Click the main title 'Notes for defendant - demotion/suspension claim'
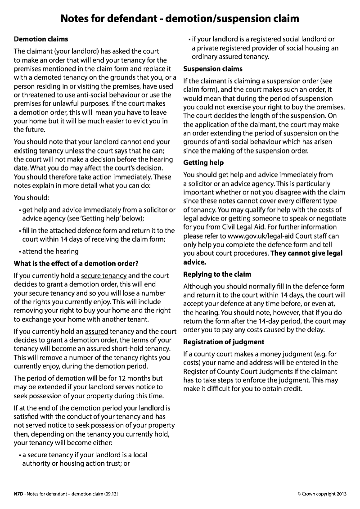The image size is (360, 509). (x=180, y=18)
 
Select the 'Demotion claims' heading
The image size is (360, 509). (x=41, y=39)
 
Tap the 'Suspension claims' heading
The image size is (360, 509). (x=213, y=69)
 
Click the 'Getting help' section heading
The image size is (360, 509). (x=203, y=162)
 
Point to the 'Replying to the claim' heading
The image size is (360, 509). (x=217, y=274)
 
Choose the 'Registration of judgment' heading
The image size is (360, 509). (x=224, y=342)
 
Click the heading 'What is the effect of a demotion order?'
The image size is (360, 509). (x=76, y=263)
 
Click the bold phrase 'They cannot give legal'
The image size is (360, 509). (x=306, y=253)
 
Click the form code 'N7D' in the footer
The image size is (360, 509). (x=18, y=494)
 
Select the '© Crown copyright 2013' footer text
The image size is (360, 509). (x=322, y=494)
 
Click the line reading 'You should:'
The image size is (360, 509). (x=31, y=197)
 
